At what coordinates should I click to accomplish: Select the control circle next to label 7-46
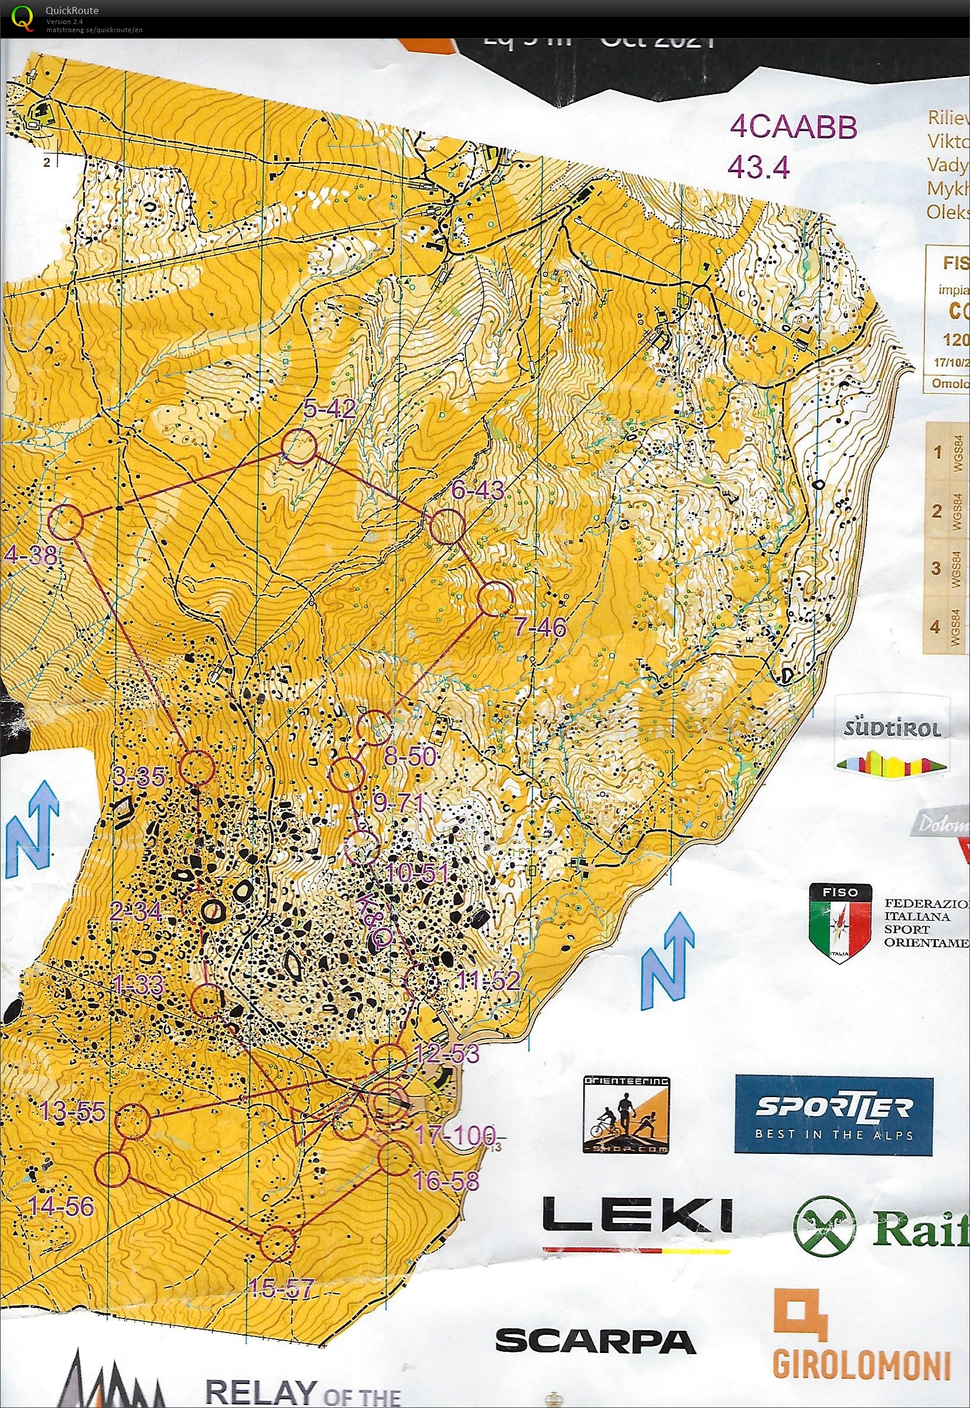496,599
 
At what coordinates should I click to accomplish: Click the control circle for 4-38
66,522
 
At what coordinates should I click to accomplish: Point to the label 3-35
139,777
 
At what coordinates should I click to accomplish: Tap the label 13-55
73,1112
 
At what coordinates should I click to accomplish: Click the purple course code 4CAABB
793,128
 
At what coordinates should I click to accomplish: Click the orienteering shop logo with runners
627,1116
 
